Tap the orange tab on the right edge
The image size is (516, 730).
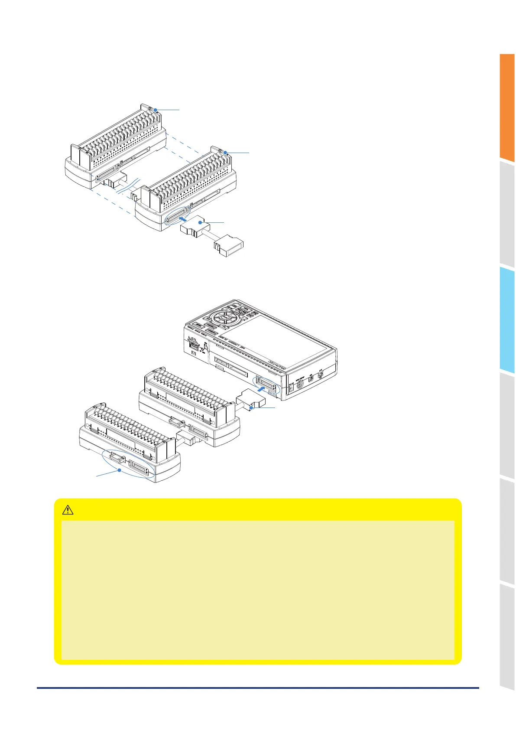(506, 107)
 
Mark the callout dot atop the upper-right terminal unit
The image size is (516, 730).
(225, 153)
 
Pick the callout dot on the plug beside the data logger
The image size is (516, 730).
(251, 407)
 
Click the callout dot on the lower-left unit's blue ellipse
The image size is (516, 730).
(119, 470)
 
